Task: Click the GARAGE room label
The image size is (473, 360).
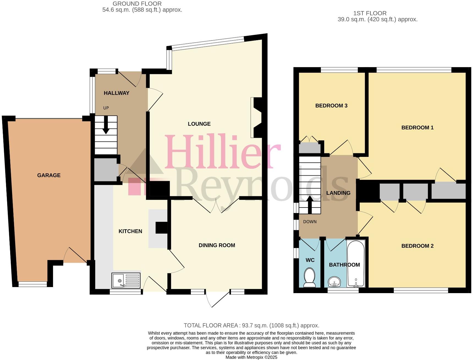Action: [49, 175]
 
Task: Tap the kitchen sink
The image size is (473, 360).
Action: [126, 280]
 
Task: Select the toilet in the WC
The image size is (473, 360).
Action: [310, 278]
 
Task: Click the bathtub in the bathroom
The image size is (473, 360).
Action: [356, 264]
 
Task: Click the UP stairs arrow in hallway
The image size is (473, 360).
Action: [106, 127]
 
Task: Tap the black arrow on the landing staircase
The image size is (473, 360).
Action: [310, 204]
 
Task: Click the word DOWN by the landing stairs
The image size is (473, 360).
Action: [310, 222]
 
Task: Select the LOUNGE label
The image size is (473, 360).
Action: [199, 124]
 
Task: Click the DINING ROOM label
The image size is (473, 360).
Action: [217, 245]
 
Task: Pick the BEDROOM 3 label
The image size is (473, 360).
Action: [331, 106]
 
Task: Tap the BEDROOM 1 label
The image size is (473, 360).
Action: [417, 127]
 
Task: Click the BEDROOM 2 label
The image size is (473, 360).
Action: [417, 246]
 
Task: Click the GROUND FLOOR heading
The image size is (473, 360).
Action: [137, 4]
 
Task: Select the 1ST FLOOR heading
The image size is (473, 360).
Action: [370, 13]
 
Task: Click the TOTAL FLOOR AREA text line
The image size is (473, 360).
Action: [251, 325]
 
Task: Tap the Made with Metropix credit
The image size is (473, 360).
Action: [251, 357]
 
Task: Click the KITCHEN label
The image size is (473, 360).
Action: [130, 231]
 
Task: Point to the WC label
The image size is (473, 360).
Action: [310, 260]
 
